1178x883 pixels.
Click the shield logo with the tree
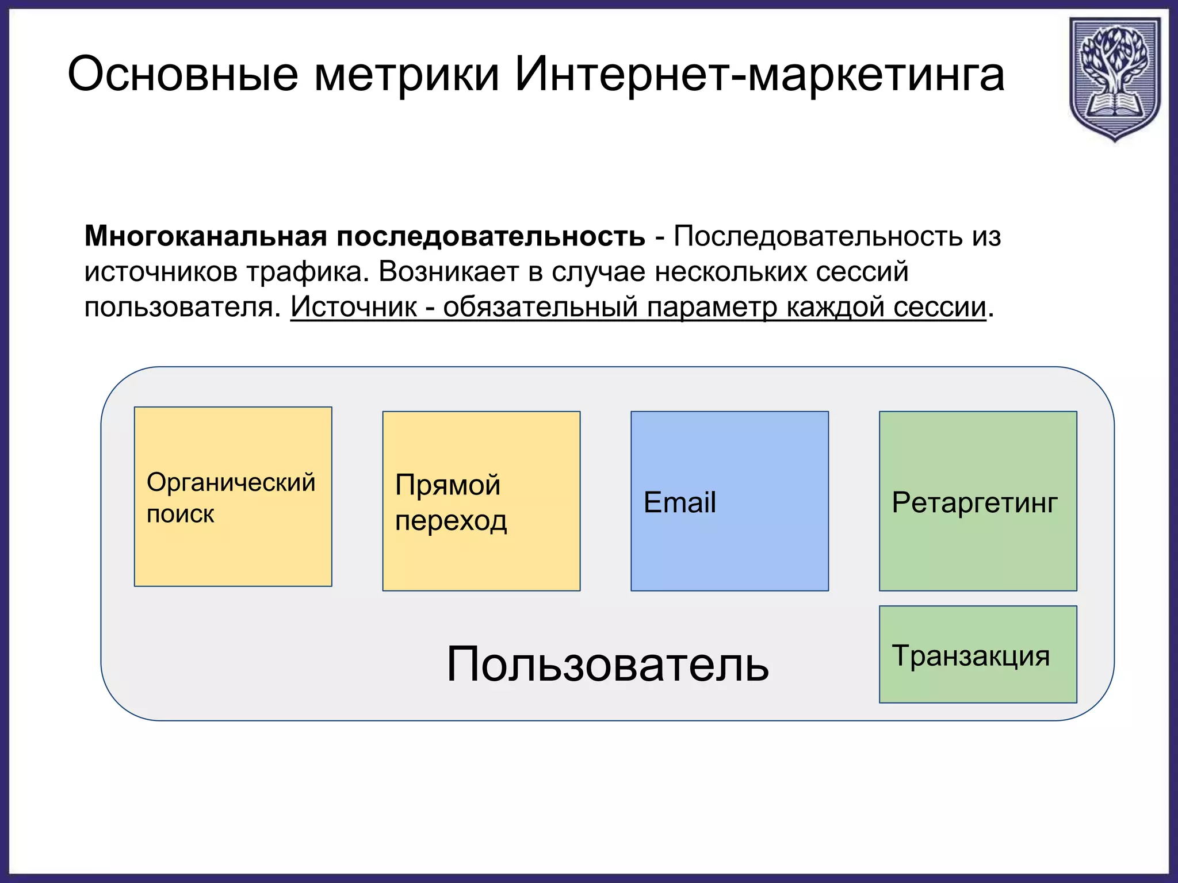click(x=1114, y=78)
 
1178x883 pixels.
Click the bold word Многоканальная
click(x=205, y=236)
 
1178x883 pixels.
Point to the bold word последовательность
click(x=490, y=236)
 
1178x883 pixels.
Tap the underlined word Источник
click(x=353, y=306)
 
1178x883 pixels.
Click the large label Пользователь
click(x=607, y=664)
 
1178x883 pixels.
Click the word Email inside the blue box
click(x=679, y=502)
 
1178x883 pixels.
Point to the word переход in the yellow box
click(x=451, y=521)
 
